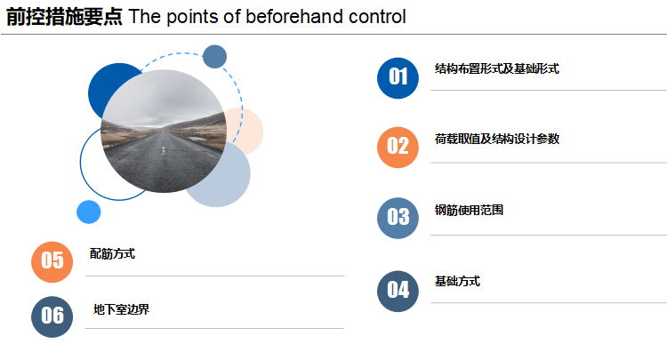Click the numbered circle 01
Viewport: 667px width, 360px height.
click(x=398, y=78)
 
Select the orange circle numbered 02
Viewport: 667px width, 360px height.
click(x=398, y=148)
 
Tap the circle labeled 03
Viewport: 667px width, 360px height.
click(x=398, y=218)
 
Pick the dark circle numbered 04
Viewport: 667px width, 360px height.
click(x=398, y=292)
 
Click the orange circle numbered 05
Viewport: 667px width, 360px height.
click(x=52, y=262)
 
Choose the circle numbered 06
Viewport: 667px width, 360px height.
click(x=52, y=316)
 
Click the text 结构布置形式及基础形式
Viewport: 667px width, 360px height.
click(x=497, y=68)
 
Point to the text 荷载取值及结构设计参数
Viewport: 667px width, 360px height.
click(x=497, y=139)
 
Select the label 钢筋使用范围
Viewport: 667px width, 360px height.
click(x=469, y=210)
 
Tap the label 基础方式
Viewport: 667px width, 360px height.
click(x=457, y=282)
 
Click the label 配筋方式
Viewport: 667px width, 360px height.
click(x=112, y=253)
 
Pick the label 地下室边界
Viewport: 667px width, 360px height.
click(x=121, y=309)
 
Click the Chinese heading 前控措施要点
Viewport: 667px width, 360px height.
click(x=64, y=17)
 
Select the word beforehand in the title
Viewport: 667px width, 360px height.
click(x=294, y=17)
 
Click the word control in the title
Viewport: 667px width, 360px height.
click(x=377, y=17)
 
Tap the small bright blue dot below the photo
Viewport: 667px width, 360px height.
click(x=88, y=212)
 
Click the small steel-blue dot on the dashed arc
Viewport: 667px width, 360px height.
click(x=214, y=57)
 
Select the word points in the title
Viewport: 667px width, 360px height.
click(x=193, y=17)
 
